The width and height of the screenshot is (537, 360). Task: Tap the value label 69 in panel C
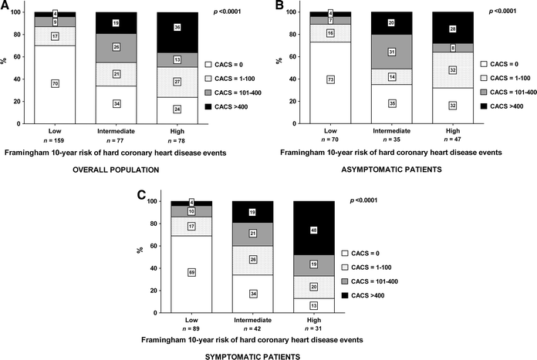tap(181, 272)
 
